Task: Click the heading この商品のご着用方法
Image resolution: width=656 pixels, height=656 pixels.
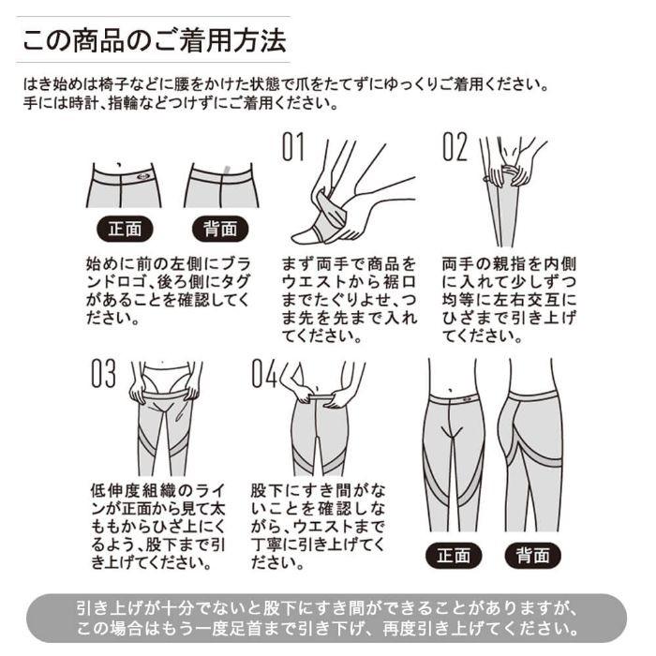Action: (155, 40)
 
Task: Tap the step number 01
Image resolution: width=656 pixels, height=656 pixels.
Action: (292, 147)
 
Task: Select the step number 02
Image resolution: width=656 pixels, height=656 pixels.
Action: (455, 147)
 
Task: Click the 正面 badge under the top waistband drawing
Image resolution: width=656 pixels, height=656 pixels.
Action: (125, 229)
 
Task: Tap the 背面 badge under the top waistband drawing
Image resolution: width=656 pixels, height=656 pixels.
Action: (220, 229)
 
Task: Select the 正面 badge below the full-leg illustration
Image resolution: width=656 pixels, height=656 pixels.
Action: (454, 556)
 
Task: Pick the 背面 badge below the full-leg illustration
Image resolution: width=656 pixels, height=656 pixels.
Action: (532, 556)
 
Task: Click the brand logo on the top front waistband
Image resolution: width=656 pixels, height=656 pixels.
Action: (142, 177)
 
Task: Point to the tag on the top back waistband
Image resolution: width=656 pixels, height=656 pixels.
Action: (227, 170)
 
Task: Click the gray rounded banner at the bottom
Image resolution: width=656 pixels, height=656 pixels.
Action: (326, 618)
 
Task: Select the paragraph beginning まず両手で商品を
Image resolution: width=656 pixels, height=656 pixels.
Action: (349, 300)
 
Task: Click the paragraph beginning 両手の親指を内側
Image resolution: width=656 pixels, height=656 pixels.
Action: (509, 300)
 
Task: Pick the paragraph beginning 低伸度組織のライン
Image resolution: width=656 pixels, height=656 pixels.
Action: (158, 527)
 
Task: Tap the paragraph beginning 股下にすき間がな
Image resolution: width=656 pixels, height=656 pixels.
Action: (318, 527)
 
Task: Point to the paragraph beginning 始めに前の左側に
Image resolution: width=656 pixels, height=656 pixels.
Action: (168, 291)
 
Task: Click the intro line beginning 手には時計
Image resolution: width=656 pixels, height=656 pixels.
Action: (180, 103)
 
